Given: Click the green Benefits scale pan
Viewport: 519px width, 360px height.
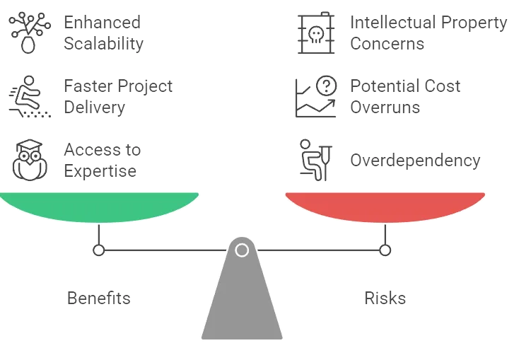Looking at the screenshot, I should [99, 205].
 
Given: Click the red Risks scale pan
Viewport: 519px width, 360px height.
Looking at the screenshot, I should [385, 205].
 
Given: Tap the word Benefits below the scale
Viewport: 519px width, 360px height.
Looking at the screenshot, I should [99, 298].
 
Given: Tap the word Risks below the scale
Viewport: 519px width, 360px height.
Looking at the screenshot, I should [385, 298].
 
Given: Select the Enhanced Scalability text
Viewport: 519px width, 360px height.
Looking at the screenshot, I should [103, 33].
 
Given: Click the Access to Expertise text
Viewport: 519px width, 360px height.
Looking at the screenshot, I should [102, 161].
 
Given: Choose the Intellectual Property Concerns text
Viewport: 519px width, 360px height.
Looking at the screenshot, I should [428, 33].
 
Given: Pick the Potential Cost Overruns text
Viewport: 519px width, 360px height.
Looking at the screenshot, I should [406, 97].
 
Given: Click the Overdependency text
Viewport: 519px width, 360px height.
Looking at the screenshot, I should [415, 161].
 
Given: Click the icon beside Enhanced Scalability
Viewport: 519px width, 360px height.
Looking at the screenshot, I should [27, 33].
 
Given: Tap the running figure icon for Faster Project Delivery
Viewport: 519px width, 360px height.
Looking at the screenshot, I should [28, 96].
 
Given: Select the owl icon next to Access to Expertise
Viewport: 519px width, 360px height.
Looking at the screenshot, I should [28, 160].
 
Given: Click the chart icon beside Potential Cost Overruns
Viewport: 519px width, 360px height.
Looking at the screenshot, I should [315, 96].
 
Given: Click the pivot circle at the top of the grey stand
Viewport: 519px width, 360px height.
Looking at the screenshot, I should [242, 250].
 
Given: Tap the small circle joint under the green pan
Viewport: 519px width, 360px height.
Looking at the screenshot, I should [99, 250].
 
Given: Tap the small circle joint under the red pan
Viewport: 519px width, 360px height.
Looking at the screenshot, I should [385, 250].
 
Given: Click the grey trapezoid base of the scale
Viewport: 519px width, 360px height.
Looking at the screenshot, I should [242, 304].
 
